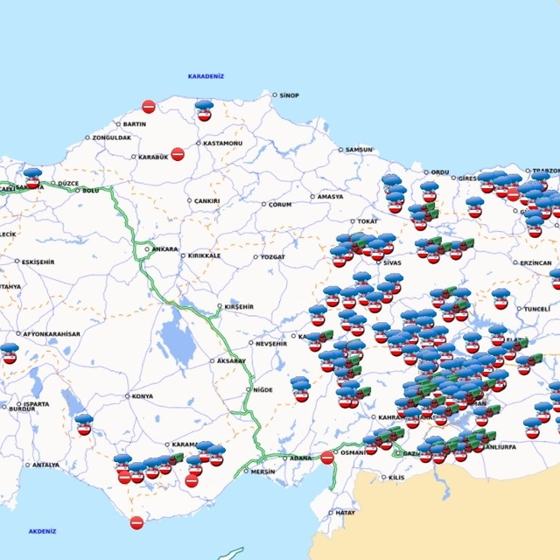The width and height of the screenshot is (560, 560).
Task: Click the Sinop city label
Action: pyautogui.click(x=289, y=94)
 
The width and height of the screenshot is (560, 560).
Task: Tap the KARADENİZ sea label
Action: pyautogui.click(x=206, y=76)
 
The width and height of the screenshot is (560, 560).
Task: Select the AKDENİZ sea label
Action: pyautogui.click(x=42, y=531)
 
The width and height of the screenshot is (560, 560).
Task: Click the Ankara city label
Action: pyautogui.click(x=164, y=249)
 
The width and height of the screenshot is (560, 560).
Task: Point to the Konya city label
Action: pyautogui.click(x=142, y=396)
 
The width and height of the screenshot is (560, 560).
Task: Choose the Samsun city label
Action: pyautogui.click(x=359, y=150)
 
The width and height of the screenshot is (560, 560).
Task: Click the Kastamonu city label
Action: pyautogui.click(x=222, y=143)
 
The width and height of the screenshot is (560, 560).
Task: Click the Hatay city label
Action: pyautogui.click(x=345, y=513)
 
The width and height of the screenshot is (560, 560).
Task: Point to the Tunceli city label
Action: pyautogui.click(x=535, y=309)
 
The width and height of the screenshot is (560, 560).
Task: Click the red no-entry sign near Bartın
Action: pyautogui.click(x=149, y=107)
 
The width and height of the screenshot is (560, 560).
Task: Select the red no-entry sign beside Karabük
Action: pyautogui.click(x=178, y=154)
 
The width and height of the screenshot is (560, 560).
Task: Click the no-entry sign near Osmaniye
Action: pyautogui.click(x=327, y=457)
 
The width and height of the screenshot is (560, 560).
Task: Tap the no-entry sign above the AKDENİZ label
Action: pyautogui.click(x=136, y=522)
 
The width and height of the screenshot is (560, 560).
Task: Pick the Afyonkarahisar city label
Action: pyautogui.click(x=52, y=333)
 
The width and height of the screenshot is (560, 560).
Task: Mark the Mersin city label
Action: pyautogui.click(x=262, y=472)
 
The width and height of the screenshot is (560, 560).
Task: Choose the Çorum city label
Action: pyautogui.click(x=279, y=205)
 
